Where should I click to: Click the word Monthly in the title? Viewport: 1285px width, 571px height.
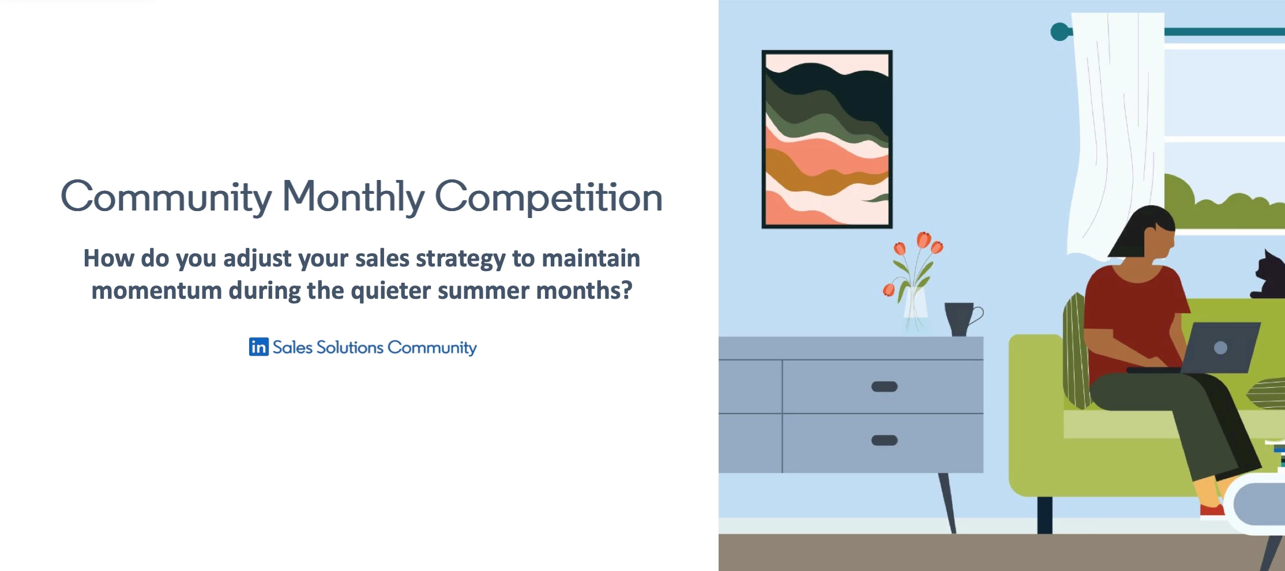click(352, 197)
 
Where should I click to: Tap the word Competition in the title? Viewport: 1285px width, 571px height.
click(548, 197)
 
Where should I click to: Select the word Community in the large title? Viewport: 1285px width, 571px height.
click(166, 197)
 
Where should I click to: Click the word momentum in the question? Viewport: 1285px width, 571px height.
click(156, 290)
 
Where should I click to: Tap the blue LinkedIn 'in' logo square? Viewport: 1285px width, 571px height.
click(258, 347)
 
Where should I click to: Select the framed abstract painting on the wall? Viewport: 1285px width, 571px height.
click(826, 139)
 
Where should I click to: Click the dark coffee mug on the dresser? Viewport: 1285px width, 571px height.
click(960, 318)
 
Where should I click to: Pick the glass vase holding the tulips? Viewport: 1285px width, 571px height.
click(915, 306)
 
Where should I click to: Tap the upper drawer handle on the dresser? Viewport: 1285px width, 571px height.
click(884, 386)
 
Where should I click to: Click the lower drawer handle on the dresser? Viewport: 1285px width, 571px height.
click(884, 440)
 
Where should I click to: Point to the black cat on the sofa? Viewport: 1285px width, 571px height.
click(1269, 276)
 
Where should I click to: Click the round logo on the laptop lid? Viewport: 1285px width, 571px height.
click(1220, 348)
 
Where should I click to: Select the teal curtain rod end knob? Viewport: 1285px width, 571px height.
click(1059, 31)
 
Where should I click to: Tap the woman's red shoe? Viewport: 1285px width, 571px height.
click(1212, 510)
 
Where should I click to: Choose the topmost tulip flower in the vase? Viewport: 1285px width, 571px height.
click(923, 239)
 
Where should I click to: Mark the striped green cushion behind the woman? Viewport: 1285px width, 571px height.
click(1074, 352)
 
